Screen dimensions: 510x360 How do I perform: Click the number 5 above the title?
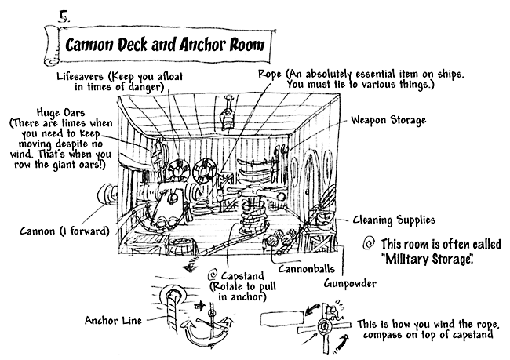point(64,17)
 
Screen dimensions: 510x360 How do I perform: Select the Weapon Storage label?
point(388,120)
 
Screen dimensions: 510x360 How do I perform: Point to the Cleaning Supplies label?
point(394,220)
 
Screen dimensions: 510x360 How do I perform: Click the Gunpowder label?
point(350,284)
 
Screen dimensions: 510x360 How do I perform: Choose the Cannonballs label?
point(306,268)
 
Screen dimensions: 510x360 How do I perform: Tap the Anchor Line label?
point(114,321)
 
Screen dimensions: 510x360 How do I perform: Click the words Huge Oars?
point(61,112)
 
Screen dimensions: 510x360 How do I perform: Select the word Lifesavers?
point(80,76)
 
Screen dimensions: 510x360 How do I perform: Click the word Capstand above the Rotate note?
point(242,276)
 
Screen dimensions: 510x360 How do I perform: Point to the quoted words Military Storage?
point(427,259)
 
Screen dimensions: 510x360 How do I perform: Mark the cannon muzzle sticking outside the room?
point(107,195)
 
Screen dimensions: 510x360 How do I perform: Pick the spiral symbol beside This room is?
point(369,243)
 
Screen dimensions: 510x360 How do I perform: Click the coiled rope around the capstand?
point(253,216)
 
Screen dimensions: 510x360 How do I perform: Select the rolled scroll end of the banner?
point(51,45)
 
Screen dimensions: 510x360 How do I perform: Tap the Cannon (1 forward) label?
point(64,231)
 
